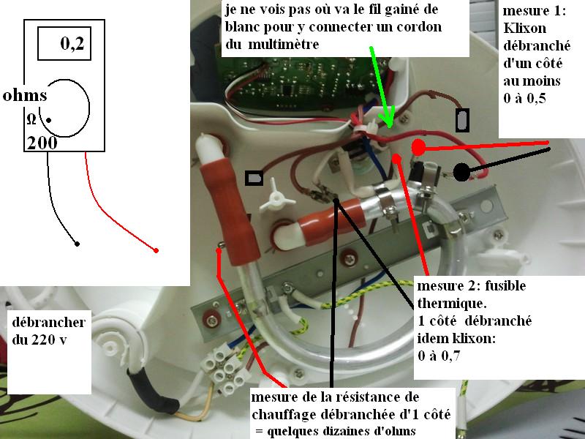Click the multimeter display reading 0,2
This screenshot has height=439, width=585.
pos(72,45)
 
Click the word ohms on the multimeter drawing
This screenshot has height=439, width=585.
pos(25,96)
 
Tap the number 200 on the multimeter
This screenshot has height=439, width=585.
pos(43,143)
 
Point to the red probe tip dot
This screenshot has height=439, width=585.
pos(157,251)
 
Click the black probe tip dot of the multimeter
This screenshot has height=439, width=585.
pos(78,243)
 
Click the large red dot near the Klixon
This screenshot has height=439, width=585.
pos(418,147)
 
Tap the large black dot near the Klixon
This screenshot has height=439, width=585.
pos(461,173)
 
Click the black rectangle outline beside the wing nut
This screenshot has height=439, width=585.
pos(254,179)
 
